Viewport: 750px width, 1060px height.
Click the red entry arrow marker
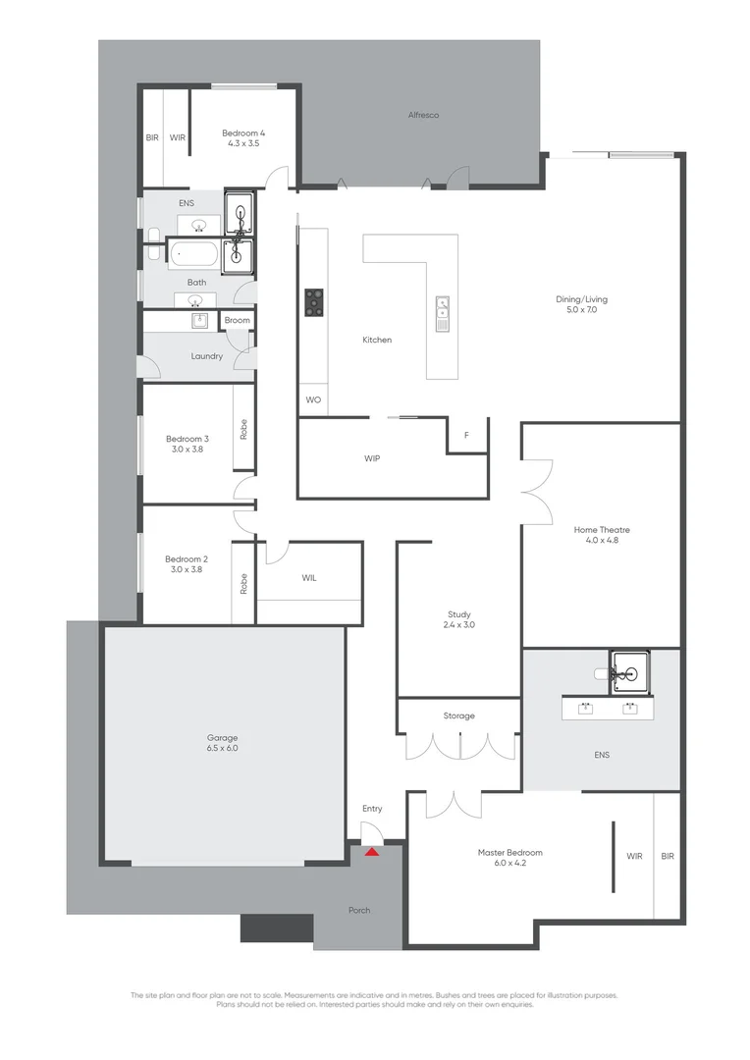pyautogui.click(x=372, y=851)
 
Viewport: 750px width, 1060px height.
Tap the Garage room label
pyautogui.click(x=222, y=737)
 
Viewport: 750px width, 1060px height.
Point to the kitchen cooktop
pyautogui.click(x=314, y=302)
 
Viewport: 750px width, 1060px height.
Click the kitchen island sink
pyautogui.click(x=443, y=312)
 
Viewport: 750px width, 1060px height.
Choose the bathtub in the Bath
pyautogui.click(x=194, y=257)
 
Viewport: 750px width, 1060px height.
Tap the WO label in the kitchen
pyautogui.click(x=313, y=400)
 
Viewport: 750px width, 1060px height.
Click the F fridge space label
pyautogui.click(x=466, y=434)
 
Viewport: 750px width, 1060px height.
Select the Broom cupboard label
pyautogui.click(x=237, y=320)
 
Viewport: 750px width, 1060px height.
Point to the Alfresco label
pyautogui.click(x=423, y=115)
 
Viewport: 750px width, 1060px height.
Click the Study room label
pyautogui.click(x=458, y=615)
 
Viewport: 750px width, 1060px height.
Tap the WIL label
pyautogui.click(x=309, y=578)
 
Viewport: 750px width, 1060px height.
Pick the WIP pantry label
pyautogui.click(x=371, y=457)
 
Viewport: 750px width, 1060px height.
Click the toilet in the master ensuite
pyautogui.click(x=601, y=674)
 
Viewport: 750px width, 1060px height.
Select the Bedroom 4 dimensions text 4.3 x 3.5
pyautogui.click(x=243, y=143)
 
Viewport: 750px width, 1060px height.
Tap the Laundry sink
pyautogui.click(x=199, y=320)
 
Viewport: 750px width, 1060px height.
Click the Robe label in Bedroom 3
pyautogui.click(x=243, y=428)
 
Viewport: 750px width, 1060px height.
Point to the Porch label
pyautogui.click(x=359, y=910)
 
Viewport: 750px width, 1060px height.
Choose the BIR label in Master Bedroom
pyautogui.click(x=668, y=856)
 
